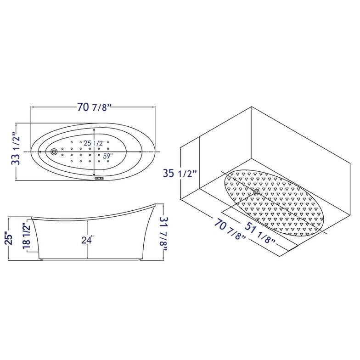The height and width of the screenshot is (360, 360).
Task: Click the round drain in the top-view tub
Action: pos(55,151)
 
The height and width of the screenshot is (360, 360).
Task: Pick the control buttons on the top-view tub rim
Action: pos(99,180)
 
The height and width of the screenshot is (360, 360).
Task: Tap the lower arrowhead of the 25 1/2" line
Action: pos(95,174)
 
